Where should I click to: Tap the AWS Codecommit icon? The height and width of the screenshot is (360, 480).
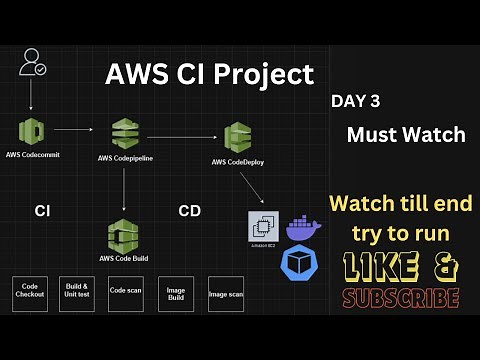[32, 130]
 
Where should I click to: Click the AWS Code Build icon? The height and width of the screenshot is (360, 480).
[125, 236]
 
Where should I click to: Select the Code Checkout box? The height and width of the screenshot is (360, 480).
[30, 293]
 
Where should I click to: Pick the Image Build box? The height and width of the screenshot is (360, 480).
[176, 293]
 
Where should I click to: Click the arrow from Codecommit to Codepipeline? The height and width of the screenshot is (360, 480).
[76, 129]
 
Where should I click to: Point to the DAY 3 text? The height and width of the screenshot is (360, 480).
[355, 101]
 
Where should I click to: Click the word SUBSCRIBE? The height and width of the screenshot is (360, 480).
[400, 298]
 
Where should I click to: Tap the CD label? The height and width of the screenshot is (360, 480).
[190, 211]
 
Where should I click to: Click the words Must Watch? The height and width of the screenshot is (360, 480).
[406, 134]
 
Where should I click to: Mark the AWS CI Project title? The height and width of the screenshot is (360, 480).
[210, 73]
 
